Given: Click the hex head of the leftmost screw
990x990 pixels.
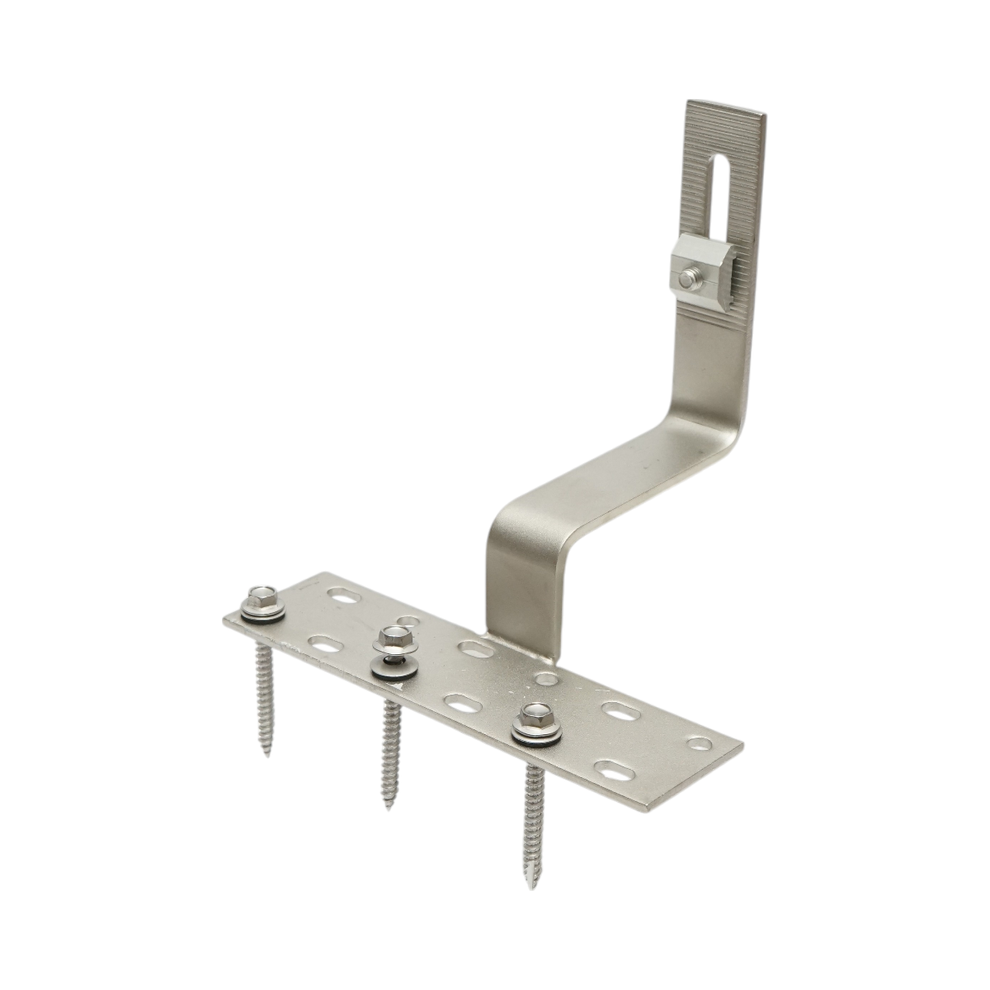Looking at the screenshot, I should [x=262, y=596].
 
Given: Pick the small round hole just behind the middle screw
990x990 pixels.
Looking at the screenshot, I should [x=406, y=620].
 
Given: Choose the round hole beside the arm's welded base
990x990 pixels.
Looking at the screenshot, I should [x=545, y=678].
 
